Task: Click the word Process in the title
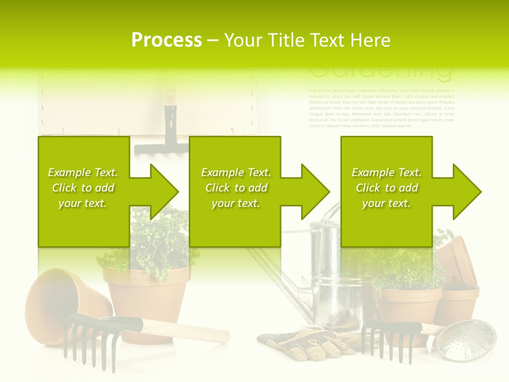(166, 40)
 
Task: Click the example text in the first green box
(83, 188)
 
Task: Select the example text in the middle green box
(236, 188)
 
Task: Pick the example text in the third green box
(387, 188)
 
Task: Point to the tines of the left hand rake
(87, 345)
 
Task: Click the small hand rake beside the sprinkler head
(390, 337)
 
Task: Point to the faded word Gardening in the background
(380, 72)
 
